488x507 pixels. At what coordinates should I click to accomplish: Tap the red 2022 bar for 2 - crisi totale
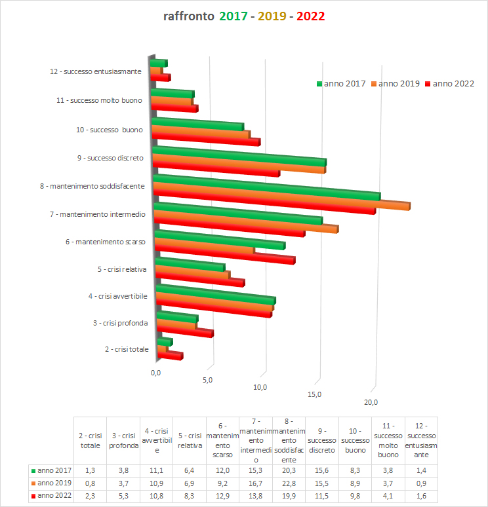169,354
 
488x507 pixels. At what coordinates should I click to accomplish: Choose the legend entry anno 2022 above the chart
453,83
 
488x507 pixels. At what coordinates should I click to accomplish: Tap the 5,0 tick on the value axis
207,380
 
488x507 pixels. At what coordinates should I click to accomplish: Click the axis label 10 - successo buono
110,130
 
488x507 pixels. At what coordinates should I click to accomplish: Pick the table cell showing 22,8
289,483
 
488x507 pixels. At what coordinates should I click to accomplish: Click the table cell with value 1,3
90,470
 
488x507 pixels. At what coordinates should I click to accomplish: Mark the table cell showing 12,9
222,495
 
